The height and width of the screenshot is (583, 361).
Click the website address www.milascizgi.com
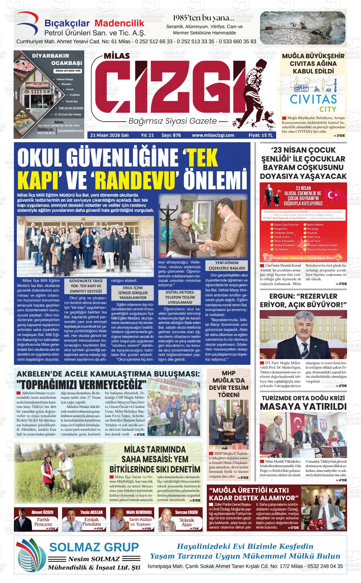213,135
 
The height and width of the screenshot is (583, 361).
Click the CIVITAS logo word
313,99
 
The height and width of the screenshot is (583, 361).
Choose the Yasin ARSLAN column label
92,512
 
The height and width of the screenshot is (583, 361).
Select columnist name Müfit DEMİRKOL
139,512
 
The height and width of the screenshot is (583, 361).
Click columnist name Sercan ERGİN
186,512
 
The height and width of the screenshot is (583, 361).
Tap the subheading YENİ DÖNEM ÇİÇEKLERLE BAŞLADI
227,265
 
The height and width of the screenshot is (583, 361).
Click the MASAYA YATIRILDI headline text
303,407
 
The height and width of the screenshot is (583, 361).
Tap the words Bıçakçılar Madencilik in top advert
94,24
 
